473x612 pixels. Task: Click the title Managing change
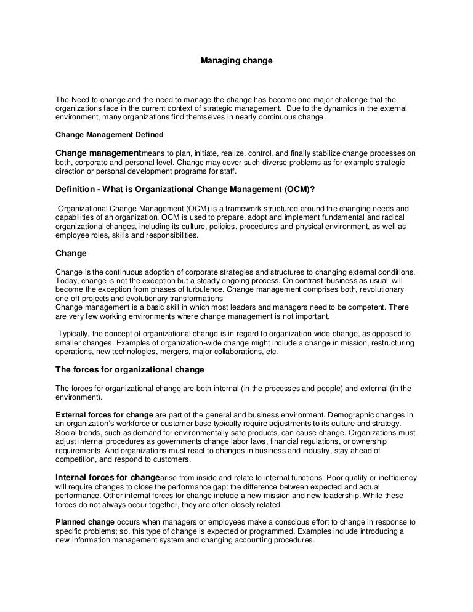236,62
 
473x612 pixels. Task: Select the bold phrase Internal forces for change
108,477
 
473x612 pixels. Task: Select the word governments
178,442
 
